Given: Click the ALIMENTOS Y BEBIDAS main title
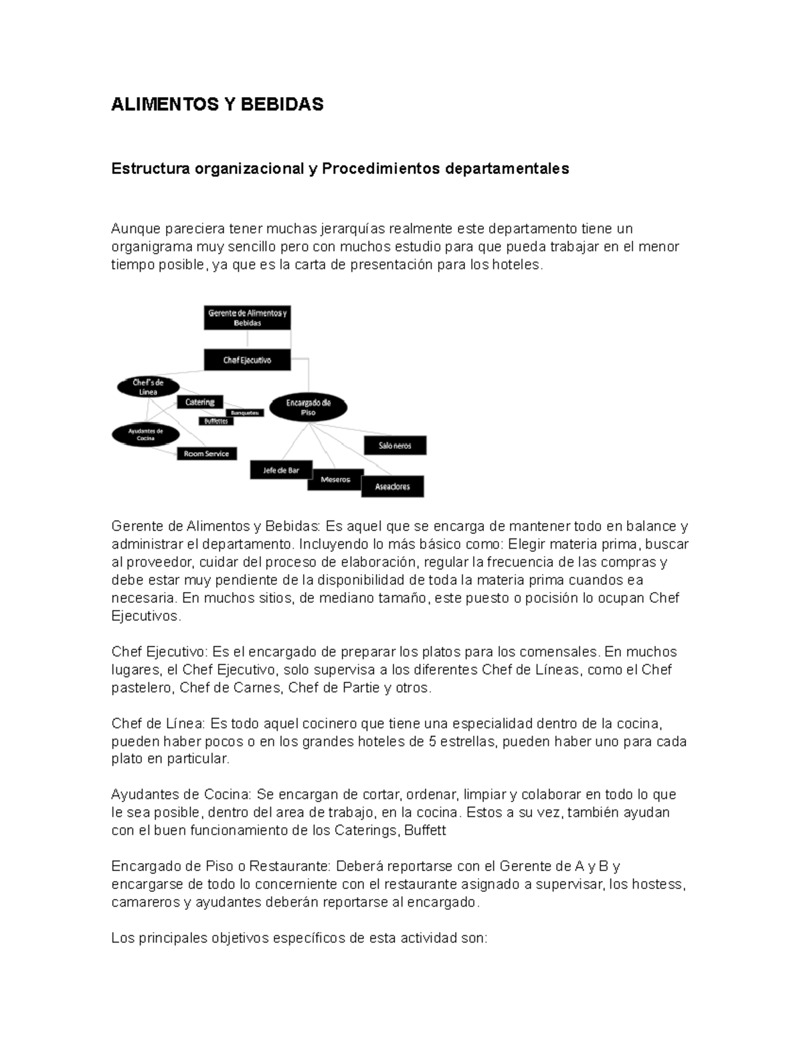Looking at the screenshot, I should [x=217, y=104].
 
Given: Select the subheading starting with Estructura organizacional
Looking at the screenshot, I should [x=340, y=169].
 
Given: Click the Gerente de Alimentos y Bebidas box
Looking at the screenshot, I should [x=247, y=318].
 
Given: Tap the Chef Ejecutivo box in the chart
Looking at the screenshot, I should [x=247, y=360].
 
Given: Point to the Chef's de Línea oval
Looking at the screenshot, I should [x=148, y=387].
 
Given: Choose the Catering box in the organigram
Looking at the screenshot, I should [x=199, y=402].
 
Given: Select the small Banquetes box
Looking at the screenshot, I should [x=244, y=413].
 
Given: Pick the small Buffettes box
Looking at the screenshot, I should [x=216, y=421].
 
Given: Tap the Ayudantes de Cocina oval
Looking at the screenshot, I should [x=145, y=434].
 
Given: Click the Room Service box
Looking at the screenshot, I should [x=206, y=454].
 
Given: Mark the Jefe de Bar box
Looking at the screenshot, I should [x=281, y=470].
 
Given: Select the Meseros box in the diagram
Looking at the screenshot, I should [x=335, y=480].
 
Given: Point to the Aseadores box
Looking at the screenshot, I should [x=392, y=486].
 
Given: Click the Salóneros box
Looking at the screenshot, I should [x=395, y=446].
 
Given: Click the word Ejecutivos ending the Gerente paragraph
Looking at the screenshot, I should [x=145, y=616].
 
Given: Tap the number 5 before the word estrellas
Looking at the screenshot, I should [x=432, y=741].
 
